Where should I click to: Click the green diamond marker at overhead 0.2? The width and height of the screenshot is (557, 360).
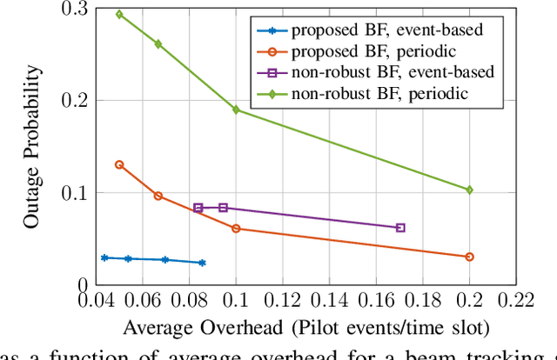tap(470, 190)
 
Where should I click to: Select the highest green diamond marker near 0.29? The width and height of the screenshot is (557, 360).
tap(119, 15)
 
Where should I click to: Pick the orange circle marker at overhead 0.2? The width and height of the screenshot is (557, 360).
tap(470, 257)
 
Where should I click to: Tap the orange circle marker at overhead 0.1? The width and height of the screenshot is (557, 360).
tap(236, 229)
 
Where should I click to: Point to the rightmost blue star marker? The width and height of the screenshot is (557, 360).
tap(203, 263)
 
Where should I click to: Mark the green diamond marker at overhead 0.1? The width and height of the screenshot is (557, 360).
tap(236, 110)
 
